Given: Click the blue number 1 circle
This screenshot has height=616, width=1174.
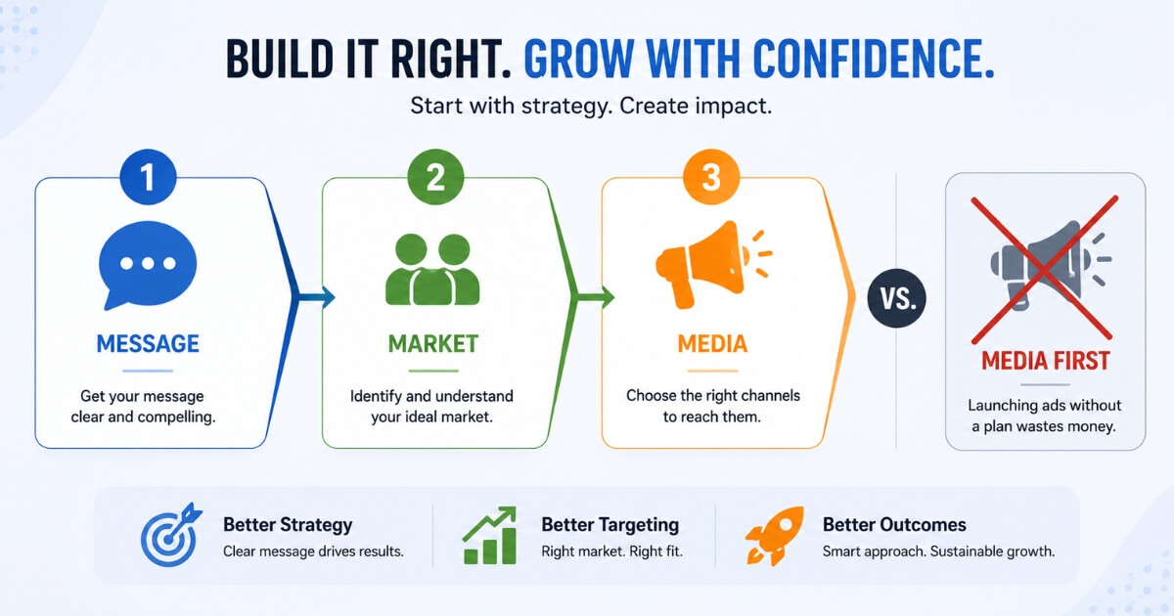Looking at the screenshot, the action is [x=148, y=177].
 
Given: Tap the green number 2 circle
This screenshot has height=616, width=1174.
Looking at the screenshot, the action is [x=435, y=177].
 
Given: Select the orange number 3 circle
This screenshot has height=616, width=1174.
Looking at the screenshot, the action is [x=711, y=177].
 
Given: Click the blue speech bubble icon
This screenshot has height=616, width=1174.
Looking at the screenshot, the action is [x=148, y=265].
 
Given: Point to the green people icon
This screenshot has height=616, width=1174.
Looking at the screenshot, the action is [x=432, y=269].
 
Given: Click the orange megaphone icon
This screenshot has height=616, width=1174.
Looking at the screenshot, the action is [x=713, y=265].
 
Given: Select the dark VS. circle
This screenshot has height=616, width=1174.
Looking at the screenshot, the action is [x=897, y=298].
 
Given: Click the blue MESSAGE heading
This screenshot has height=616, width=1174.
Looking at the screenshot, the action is [x=148, y=344].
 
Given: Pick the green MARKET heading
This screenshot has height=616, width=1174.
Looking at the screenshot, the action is [x=432, y=344].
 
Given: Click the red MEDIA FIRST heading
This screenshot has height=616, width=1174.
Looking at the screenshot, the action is [x=1046, y=361].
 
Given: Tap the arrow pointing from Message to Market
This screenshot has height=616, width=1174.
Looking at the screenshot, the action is [x=316, y=297].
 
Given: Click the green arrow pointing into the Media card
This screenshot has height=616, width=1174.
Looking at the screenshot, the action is [x=596, y=297].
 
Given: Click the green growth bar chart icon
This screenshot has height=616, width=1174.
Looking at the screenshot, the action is [x=489, y=536].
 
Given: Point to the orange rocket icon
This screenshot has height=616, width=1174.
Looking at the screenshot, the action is [x=775, y=536].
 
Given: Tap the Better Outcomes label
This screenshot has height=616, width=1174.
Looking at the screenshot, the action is [x=894, y=525].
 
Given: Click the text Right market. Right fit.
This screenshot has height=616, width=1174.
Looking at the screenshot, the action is [x=611, y=551].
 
